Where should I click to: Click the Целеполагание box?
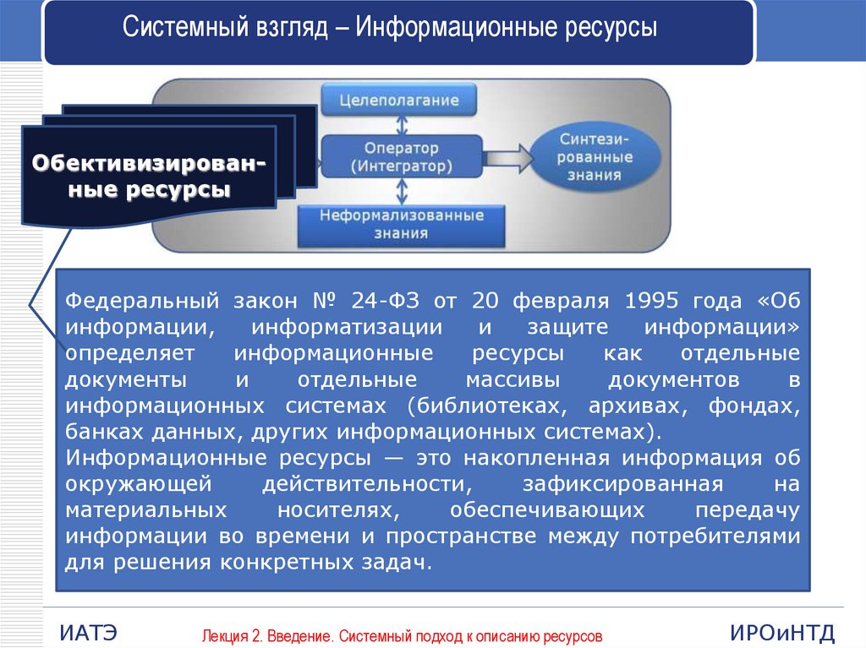399,100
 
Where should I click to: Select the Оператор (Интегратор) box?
402,157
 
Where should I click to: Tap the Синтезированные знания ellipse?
595,157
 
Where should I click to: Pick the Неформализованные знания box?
402,225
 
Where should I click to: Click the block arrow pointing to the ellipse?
508,159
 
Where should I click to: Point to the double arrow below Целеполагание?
402,126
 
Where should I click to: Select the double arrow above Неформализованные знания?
402,192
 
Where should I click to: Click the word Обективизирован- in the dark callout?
149,163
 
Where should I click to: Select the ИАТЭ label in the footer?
88,633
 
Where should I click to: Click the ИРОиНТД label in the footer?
782,633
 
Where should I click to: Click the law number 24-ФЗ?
385,301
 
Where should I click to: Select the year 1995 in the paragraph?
651,301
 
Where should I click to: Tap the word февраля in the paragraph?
561,302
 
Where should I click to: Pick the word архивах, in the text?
638,406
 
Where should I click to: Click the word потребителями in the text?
715,536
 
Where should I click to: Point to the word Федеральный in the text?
142,302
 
